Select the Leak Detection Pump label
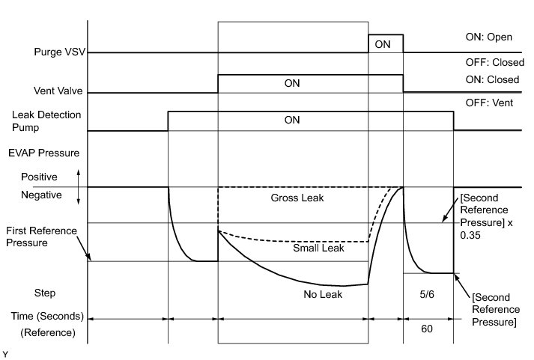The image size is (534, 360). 46,123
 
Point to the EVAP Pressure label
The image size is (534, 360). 46,153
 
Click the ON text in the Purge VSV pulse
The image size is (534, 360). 383,44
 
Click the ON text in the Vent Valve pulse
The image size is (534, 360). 292,83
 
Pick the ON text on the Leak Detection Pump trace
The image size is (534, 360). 292,118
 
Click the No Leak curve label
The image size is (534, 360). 322,295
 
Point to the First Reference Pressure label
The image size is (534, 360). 41,237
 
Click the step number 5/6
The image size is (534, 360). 428,295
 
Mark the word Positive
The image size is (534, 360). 39,178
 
